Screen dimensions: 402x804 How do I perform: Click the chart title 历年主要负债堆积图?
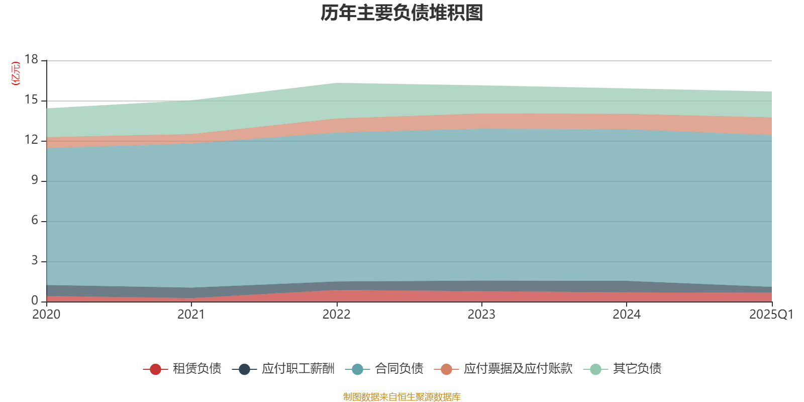pyautogui.click(x=402, y=13)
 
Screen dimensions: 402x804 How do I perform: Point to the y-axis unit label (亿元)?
pyautogui.click(x=16, y=73)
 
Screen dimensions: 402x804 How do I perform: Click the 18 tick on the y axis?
pyautogui.click(x=31, y=60)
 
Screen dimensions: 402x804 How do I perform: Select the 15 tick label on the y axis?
pyautogui.click(x=31, y=100)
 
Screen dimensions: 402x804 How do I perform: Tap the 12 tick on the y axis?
pyautogui.click(x=31, y=140)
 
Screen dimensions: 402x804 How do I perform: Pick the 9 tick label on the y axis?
pyautogui.click(x=34, y=180)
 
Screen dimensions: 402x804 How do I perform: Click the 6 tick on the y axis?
pyautogui.click(x=34, y=221)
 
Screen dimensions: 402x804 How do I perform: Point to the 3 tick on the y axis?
pyautogui.click(x=34, y=261)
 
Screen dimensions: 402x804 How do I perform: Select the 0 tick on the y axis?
pyautogui.click(x=34, y=300)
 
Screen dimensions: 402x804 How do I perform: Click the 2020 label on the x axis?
pyautogui.click(x=46, y=315)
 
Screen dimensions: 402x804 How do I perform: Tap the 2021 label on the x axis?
pyautogui.click(x=191, y=315)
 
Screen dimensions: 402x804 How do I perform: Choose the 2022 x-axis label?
pyautogui.click(x=336, y=315)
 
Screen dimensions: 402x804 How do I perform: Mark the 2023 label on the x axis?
pyautogui.click(x=481, y=315)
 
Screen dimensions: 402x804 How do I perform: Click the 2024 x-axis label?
pyautogui.click(x=627, y=315)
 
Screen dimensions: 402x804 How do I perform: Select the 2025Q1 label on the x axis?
pyautogui.click(x=771, y=315)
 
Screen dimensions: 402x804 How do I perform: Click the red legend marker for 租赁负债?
pyautogui.click(x=155, y=369)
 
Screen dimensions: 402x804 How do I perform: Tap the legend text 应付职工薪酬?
pyautogui.click(x=298, y=369)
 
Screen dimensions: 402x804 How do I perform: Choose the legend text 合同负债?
pyautogui.click(x=399, y=369)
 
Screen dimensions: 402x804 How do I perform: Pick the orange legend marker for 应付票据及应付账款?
pyautogui.click(x=446, y=369)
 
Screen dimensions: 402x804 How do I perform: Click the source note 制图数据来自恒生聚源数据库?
pyautogui.click(x=402, y=397)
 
